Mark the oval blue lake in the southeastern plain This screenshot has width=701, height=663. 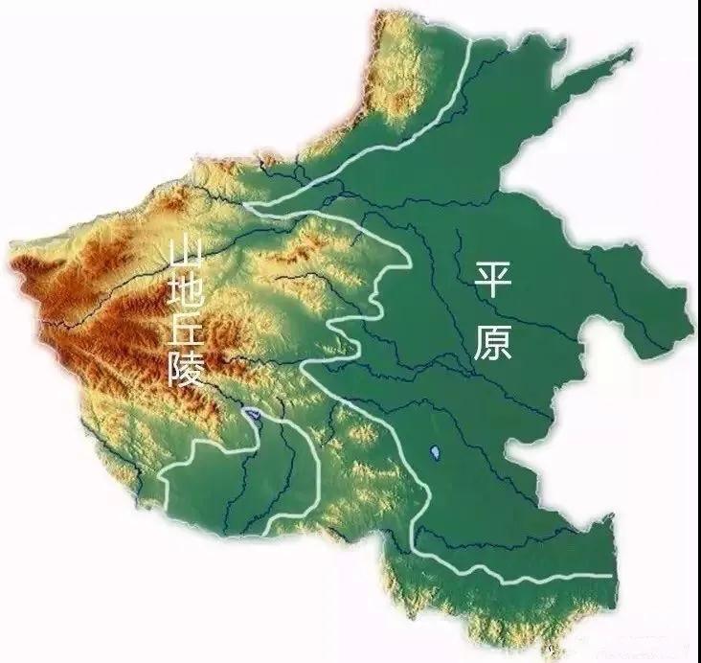434,451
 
